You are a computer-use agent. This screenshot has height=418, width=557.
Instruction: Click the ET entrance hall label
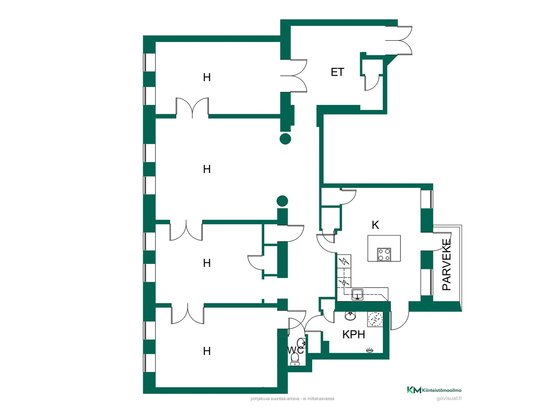point(337,72)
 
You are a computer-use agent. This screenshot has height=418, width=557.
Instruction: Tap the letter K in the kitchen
point(375,225)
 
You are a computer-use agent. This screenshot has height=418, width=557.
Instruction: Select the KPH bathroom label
point(354,334)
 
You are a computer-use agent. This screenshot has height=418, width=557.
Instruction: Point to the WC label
point(295,350)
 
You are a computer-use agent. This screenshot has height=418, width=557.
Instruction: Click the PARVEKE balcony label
point(446,264)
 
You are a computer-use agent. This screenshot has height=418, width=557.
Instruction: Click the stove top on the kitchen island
point(384,255)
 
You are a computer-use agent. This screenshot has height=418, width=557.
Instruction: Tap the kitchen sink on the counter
point(357,294)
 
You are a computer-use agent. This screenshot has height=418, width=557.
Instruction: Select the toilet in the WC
point(295,359)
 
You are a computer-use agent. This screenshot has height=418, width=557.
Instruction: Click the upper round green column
point(285,139)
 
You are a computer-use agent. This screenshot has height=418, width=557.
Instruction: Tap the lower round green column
point(282,201)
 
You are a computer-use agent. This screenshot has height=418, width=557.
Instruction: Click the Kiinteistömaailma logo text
point(442,390)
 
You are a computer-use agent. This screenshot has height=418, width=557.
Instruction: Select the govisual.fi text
point(449,398)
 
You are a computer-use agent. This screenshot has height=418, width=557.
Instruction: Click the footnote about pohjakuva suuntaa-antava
point(292,399)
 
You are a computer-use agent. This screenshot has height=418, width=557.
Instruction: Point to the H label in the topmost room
point(207,78)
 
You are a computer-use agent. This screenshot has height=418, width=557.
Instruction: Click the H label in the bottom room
point(207,351)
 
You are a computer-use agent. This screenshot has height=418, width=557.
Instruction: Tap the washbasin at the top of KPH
point(350,316)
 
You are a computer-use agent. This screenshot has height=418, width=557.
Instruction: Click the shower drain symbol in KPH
point(370,350)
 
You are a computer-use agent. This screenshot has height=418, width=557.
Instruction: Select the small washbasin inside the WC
point(301,343)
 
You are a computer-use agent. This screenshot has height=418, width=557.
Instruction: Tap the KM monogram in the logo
point(414,390)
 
